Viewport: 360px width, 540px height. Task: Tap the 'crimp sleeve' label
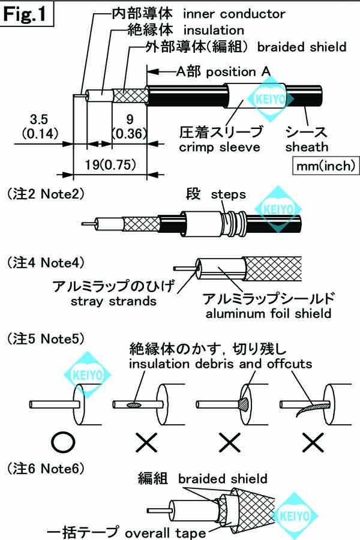point(223,147)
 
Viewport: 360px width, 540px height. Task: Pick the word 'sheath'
point(307,147)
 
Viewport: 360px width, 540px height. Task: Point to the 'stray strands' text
point(113,301)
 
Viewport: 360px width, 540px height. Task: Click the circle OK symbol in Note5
point(64,442)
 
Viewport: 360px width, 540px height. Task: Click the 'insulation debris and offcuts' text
point(221,364)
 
